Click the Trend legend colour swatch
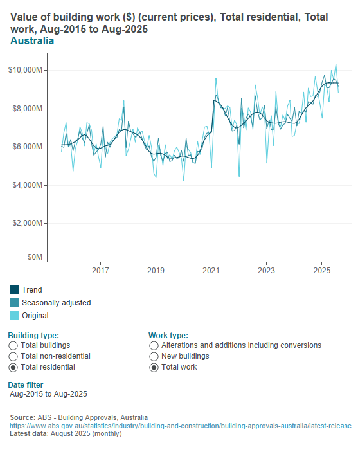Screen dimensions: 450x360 tap(14, 290)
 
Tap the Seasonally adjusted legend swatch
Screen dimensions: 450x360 tap(14, 303)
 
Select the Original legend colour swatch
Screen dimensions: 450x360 tap(14, 316)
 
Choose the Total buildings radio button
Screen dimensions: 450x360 tap(14, 346)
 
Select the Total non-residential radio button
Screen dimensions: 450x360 tap(14, 356)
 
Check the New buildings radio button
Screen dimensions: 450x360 tap(154, 356)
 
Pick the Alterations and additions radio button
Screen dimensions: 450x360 tap(154, 346)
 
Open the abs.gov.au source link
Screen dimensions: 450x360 tap(180, 426)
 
